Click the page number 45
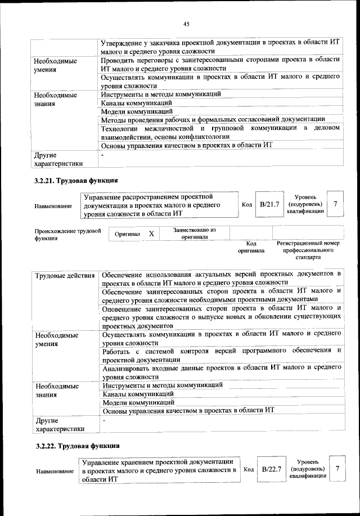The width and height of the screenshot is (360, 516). point(186,23)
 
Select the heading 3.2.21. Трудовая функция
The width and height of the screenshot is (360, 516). point(75,181)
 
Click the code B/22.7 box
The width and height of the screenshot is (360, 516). point(271,468)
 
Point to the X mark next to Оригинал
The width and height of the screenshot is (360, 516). point(151,233)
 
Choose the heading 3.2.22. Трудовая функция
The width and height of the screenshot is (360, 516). point(75,446)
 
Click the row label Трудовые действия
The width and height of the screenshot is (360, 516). point(65,275)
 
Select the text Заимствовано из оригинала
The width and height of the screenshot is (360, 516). point(194,233)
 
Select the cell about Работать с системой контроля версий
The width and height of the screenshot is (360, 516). point(221,355)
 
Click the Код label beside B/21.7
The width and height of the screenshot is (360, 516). point(246,205)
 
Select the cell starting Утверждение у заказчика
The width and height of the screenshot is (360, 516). point(221,47)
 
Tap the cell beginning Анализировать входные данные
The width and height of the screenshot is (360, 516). point(221,371)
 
